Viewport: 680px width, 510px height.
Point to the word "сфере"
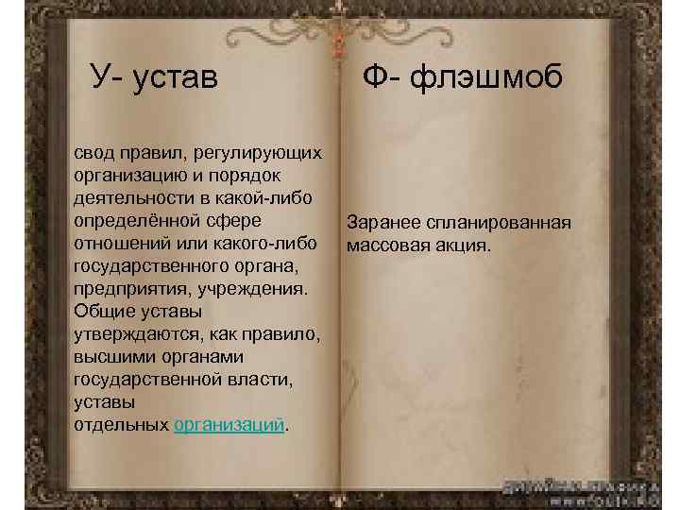[x=234, y=222]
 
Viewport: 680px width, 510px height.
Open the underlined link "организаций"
[x=229, y=426]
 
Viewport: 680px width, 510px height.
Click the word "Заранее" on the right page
[x=383, y=224]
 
